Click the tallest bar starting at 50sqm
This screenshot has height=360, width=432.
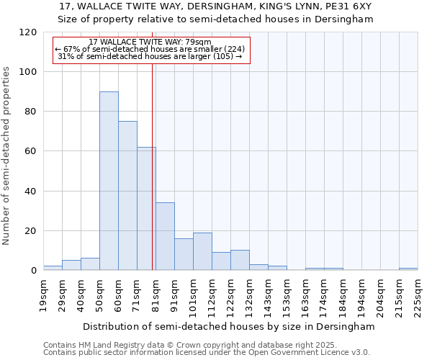(x=109, y=181)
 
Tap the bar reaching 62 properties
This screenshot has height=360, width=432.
(x=146, y=209)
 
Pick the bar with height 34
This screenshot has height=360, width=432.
(x=165, y=237)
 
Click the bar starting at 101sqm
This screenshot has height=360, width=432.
(x=202, y=251)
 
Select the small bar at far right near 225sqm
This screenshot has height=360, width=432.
(x=408, y=269)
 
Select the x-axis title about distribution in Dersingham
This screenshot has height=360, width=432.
(x=229, y=326)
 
